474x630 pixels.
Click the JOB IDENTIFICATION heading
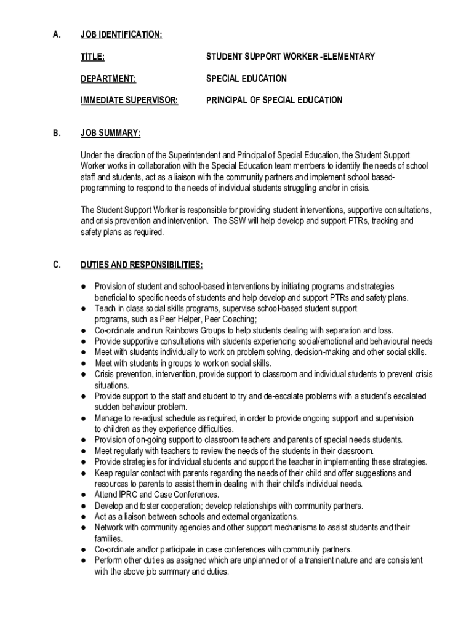pyautogui.click(x=121, y=35)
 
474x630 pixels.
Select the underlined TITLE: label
pyautogui.click(x=92, y=57)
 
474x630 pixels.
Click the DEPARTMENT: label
pyautogui.click(x=108, y=79)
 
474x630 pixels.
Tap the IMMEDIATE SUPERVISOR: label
pyautogui.click(x=129, y=100)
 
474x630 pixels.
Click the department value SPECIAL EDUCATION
pyautogui.click(x=246, y=79)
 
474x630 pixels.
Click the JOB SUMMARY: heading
pyautogui.click(x=110, y=133)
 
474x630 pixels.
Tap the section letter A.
pyautogui.click(x=56, y=35)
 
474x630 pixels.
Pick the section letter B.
pyautogui.click(x=56, y=133)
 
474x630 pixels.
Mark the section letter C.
pyautogui.click(x=56, y=265)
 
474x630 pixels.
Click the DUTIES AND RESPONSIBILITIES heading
pyautogui.click(x=141, y=265)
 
